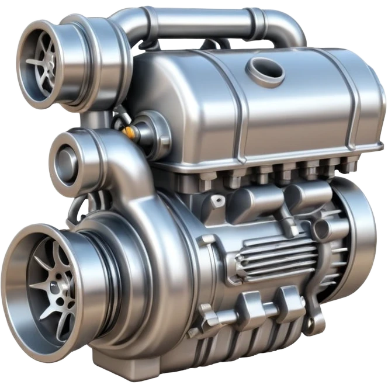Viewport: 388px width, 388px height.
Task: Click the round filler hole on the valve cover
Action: pyautogui.click(x=265, y=71)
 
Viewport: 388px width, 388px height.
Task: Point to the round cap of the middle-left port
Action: pyautogui.click(x=65, y=158)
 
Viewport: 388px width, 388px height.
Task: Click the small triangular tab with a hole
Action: pyautogui.click(x=218, y=202)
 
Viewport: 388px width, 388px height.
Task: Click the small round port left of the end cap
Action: pyautogui.click(x=321, y=230)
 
